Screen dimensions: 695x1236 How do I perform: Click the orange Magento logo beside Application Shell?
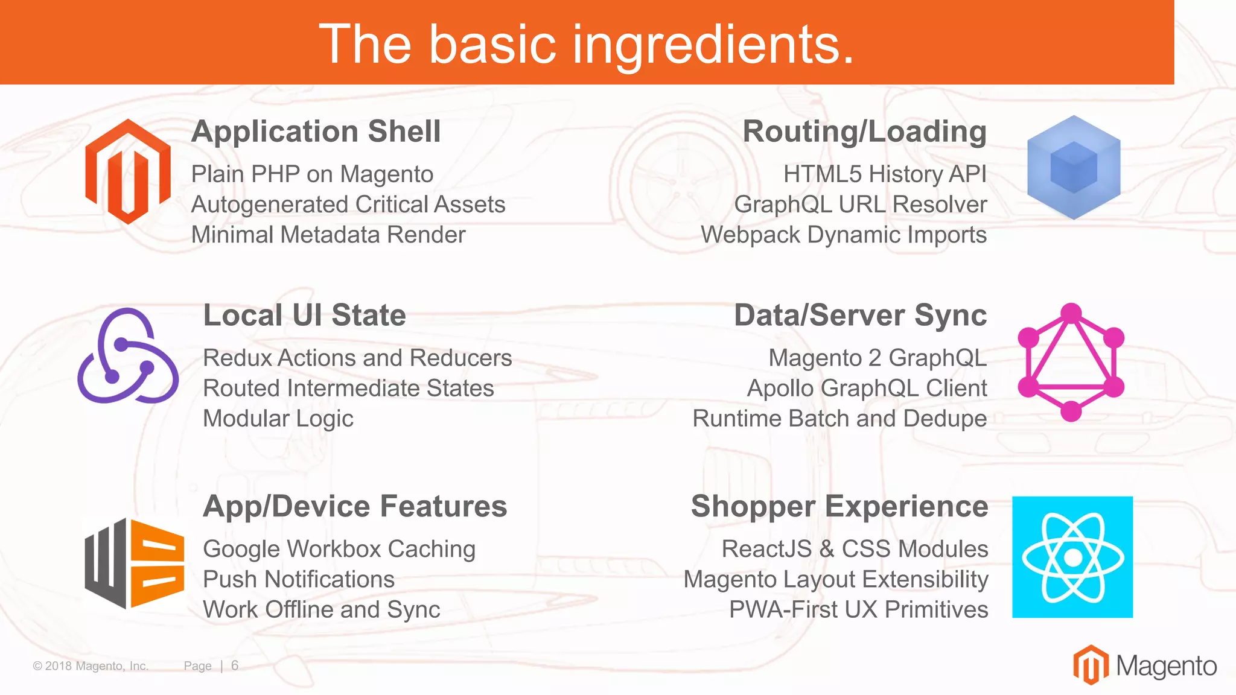point(128,172)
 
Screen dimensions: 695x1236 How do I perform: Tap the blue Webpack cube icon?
point(1074,168)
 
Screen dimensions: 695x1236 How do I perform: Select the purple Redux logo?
point(128,356)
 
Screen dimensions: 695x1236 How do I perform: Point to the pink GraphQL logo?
point(1071,362)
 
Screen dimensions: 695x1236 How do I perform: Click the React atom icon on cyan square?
point(1072,557)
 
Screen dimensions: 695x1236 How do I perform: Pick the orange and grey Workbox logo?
point(134,563)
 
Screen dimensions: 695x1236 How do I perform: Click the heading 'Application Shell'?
point(316,132)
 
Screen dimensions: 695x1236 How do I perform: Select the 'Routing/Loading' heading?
point(864,132)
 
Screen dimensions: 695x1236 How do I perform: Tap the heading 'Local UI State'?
point(305,316)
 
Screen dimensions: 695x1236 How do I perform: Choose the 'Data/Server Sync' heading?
point(860,316)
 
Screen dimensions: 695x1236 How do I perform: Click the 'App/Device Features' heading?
point(355,506)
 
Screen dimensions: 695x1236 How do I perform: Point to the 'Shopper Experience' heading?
point(839,506)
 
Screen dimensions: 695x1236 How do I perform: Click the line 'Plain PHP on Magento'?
point(313,174)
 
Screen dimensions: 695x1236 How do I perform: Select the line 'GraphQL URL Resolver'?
point(861,205)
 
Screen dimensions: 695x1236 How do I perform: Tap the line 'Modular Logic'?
point(278,419)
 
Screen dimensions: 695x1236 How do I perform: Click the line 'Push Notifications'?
point(299,579)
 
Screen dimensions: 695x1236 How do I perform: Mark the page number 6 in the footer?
point(235,665)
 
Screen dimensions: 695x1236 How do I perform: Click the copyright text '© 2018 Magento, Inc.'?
point(91,666)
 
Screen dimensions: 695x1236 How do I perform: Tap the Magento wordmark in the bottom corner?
point(1165,666)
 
